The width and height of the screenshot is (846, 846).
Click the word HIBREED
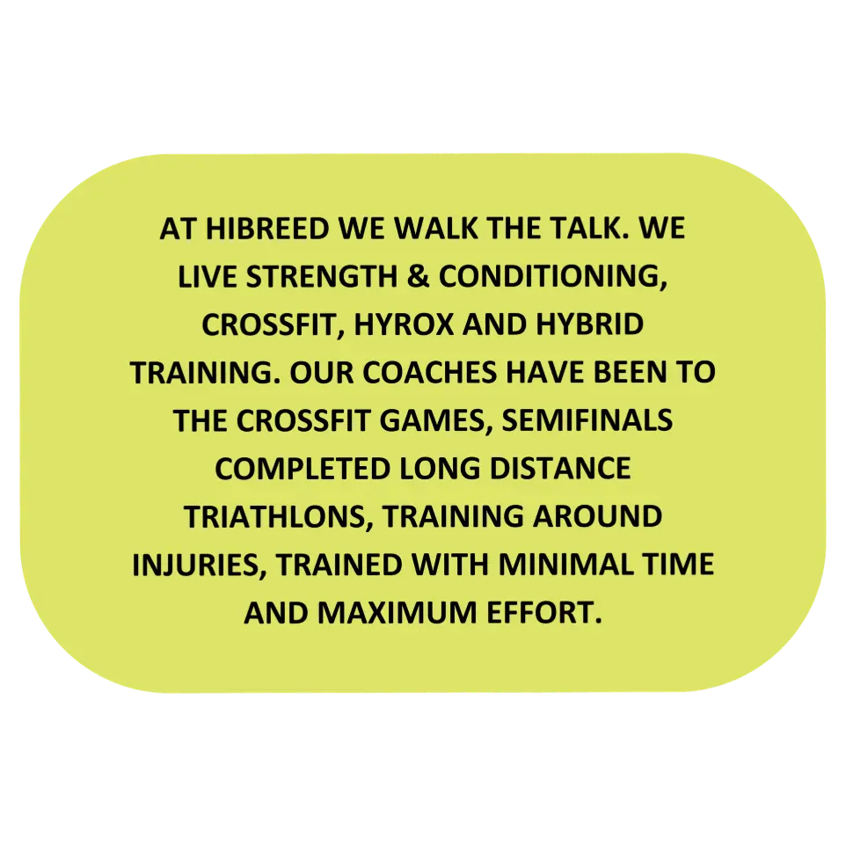click(x=267, y=229)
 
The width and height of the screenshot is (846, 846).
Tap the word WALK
click(x=436, y=229)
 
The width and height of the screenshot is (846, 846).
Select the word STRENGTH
click(x=322, y=276)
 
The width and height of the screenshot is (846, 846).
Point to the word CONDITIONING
click(x=553, y=277)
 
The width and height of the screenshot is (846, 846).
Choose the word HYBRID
click(x=590, y=325)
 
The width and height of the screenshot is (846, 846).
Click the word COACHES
click(x=429, y=372)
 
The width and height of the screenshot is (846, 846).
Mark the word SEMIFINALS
click(x=587, y=420)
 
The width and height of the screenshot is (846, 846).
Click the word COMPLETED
click(x=303, y=469)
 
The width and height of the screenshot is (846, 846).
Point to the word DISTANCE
click(x=560, y=469)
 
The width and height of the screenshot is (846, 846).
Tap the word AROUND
click(x=597, y=516)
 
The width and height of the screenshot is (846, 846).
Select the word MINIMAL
click(x=565, y=565)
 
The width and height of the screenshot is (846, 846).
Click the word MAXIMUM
click(x=397, y=612)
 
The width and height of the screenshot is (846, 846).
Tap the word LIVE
click(x=208, y=276)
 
